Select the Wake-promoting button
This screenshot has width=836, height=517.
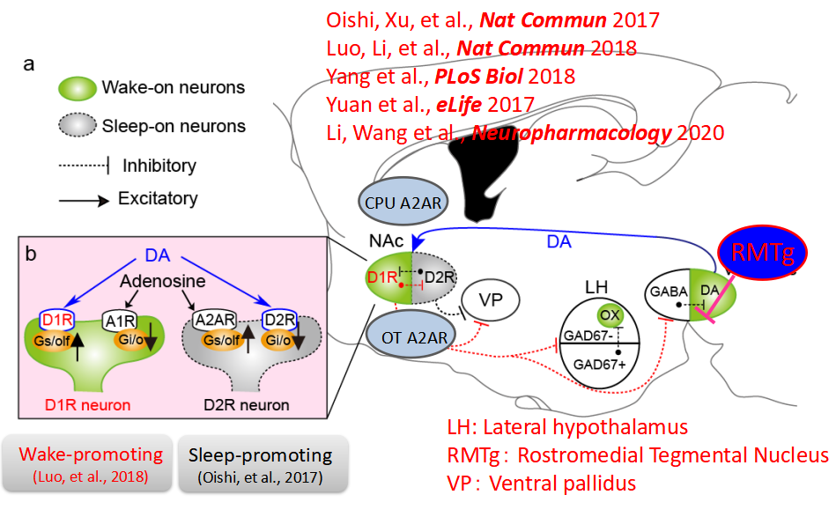(x=92, y=463)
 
